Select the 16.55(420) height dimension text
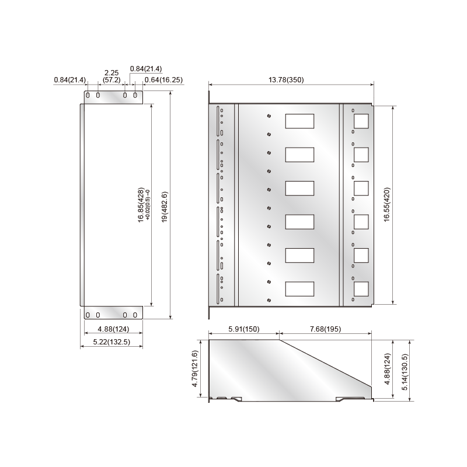386,204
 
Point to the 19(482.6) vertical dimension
165,207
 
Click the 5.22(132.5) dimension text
110,341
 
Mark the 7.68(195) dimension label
325,329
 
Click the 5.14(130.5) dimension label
405,370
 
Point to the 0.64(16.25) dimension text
163,79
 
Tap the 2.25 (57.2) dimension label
111,76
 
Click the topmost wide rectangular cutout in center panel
299,121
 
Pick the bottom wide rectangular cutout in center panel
299,289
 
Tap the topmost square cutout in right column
361,121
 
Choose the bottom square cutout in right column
361,289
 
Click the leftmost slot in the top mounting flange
88,95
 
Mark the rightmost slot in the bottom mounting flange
135,315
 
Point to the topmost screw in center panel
268,116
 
